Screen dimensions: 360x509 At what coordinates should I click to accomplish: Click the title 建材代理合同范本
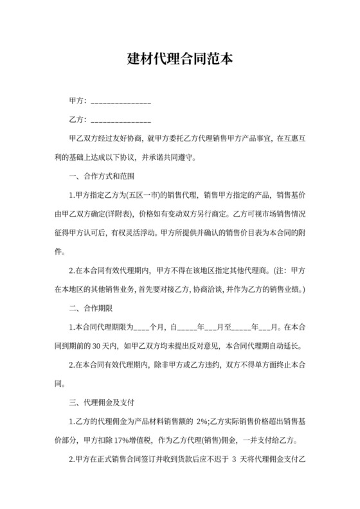(179, 59)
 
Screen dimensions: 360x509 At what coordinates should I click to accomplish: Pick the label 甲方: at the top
(77, 102)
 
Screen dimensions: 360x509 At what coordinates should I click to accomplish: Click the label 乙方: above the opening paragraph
(77, 120)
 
